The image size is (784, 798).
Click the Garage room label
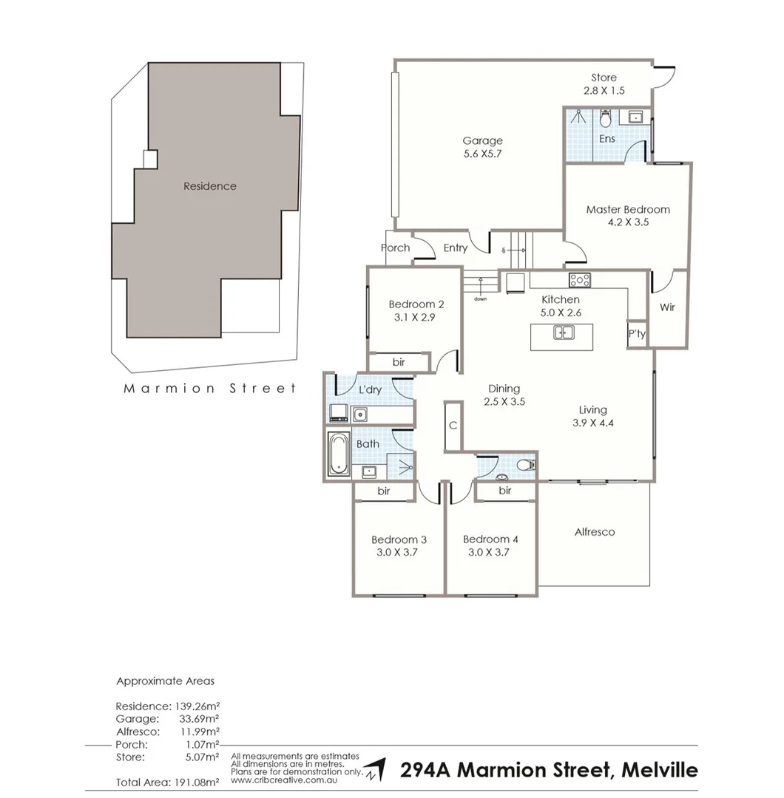pyautogui.click(x=482, y=140)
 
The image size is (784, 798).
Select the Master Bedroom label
pyautogui.click(x=628, y=209)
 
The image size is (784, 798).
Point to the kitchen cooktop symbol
pyautogui.click(x=579, y=280)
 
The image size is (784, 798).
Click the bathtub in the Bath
pyautogui.click(x=338, y=454)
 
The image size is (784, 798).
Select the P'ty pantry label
pyautogui.click(x=637, y=334)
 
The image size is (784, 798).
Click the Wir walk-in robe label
pyautogui.click(x=667, y=307)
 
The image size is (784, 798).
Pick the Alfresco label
pyautogui.click(x=595, y=532)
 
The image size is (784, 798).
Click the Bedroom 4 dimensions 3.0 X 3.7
pyautogui.click(x=490, y=552)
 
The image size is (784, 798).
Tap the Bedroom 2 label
pyautogui.click(x=416, y=304)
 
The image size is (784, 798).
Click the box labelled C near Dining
pyautogui.click(x=453, y=426)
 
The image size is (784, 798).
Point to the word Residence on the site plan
pyautogui.click(x=210, y=186)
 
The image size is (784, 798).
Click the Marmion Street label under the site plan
pyautogui.click(x=209, y=388)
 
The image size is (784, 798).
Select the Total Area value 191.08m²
pyautogui.click(x=194, y=782)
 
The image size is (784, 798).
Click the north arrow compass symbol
pyautogui.click(x=376, y=769)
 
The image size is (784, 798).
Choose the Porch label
pyautogui.click(x=396, y=248)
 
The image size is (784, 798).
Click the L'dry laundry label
pyautogui.click(x=370, y=389)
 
